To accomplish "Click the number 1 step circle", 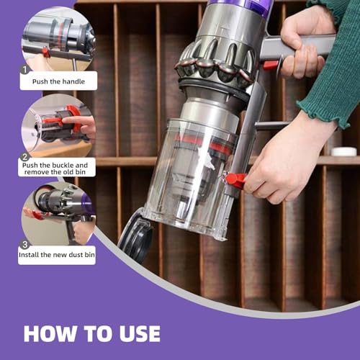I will click(26, 70).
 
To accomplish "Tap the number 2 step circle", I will click(25, 156).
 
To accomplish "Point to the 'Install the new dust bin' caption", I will click(57, 255).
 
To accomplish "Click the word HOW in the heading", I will click(51, 333).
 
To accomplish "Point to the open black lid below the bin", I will click(135, 234).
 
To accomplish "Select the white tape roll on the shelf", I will click(343, 151).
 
